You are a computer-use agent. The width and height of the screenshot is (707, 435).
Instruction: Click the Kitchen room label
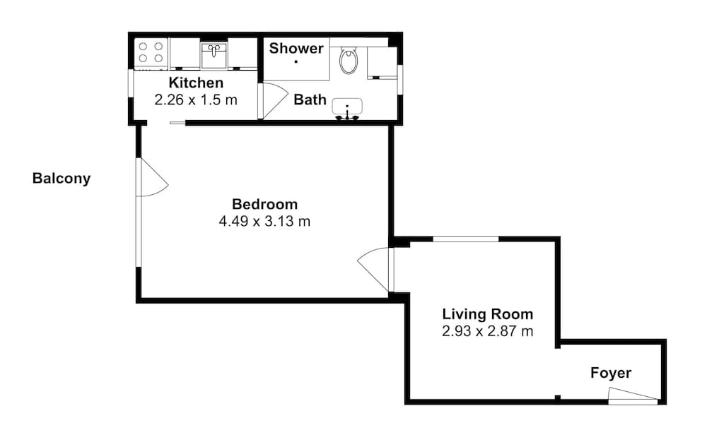pyautogui.click(x=196, y=83)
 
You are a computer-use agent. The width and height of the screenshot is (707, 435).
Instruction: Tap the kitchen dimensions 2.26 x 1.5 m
pyautogui.click(x=196, y=100)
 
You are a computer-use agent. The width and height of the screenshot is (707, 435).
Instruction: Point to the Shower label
pyautogui.click(x=296, y=48)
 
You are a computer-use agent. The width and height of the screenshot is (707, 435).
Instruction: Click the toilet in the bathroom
pyautogui.click(x=349, y=61)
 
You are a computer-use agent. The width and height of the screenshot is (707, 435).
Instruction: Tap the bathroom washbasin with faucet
pyautogui.click(x=347, y=107)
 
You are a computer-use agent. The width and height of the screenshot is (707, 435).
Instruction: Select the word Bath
pyautogui.click(x=310, y=100)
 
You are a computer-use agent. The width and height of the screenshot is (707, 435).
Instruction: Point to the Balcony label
pyautogui.click(x=62, y=179)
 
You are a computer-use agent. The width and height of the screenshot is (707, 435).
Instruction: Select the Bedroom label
pyautogui.click(x=265, y=204)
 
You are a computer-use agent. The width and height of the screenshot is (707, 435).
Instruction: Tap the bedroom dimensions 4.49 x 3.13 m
pyautogui.click(x=265, y=221)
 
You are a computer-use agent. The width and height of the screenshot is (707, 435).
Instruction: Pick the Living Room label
pyautogui.click(x=488, y=314)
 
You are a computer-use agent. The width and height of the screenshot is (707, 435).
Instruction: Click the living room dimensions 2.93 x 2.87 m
pyautogui.click(x=488, y=331)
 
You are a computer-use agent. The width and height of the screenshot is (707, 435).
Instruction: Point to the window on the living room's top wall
pyautogui.click(x=465, y=239)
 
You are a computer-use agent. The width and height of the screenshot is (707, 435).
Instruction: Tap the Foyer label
pyautogui.click(x=611, y=373)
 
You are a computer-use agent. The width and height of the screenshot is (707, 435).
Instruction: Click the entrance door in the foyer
pyautogui.click(x=633, y=397)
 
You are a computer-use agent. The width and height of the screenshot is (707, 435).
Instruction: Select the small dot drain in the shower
pyautogui.click(x=296, y=61)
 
